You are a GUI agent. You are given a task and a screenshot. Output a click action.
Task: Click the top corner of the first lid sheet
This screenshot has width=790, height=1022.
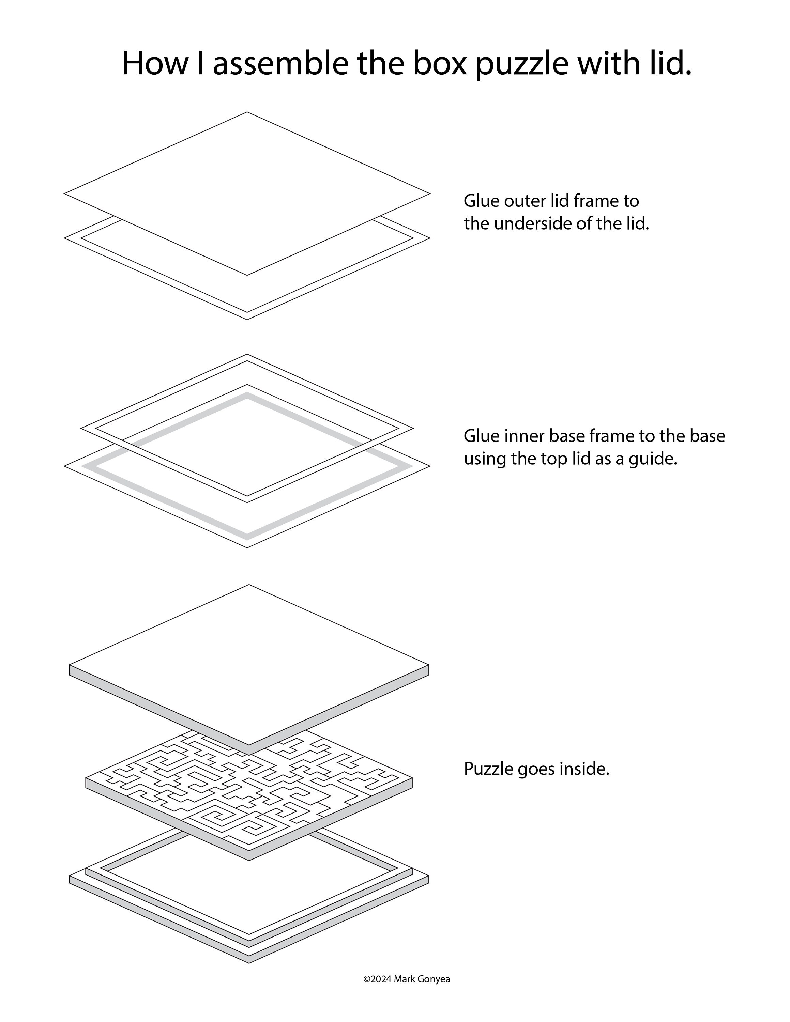247,112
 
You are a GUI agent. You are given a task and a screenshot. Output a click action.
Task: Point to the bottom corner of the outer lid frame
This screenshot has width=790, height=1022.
247,319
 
